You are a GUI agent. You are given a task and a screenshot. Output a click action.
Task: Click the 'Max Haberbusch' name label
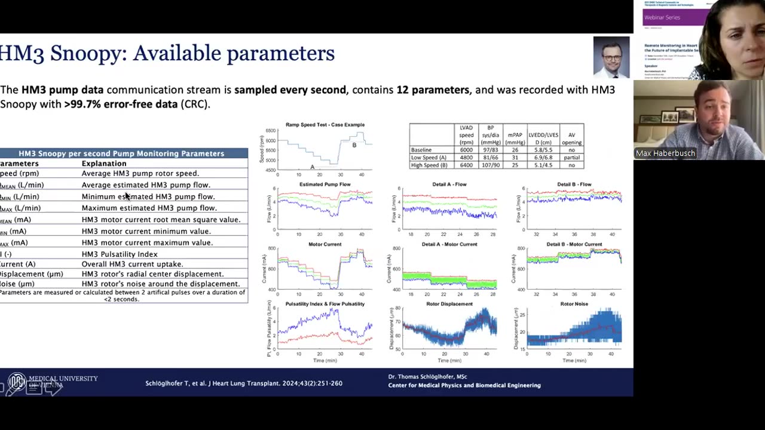(x=665, y=153)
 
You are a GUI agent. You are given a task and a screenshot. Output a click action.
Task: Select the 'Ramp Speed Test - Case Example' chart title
(x=325, y=125)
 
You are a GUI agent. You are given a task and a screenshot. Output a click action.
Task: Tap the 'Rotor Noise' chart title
(x=574, y=304)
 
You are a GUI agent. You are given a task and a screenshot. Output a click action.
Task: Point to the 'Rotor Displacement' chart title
(x=449, y=304)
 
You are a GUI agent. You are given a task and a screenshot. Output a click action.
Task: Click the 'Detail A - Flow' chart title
(x=449, y=185)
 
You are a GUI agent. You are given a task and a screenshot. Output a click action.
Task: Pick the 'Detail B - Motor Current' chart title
(x=574, y=244)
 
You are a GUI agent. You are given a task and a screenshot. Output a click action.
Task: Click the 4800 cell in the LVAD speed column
(x=466, y=158)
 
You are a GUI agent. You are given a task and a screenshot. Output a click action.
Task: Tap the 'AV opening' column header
(x=571, y=139)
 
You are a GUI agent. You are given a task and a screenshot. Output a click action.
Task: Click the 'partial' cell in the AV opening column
(x=571, y=158)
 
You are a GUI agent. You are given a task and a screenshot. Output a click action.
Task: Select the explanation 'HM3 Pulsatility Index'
(x=120, y=254)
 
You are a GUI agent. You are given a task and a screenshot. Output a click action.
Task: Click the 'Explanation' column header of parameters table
(x=104, y=164)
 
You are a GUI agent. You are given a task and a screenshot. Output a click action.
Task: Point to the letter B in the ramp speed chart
(x=354, y=145)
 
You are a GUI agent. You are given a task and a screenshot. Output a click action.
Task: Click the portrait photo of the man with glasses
(x=611, y=57)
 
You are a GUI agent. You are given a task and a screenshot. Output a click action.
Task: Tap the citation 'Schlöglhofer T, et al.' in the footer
(x=183, y=383)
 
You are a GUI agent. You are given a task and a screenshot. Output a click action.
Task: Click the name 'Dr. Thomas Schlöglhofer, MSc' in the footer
(x=427, y=377)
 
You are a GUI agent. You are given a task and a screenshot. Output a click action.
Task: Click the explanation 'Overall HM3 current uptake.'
(x=132, y=264)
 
